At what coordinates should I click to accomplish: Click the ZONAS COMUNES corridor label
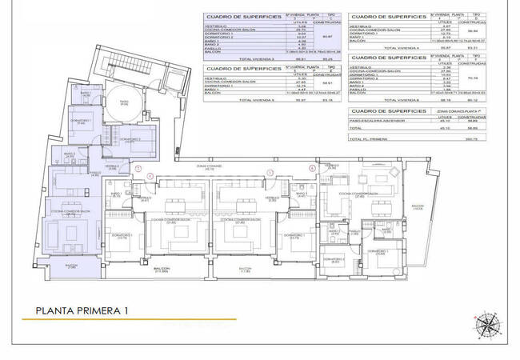click(x=210, y=168)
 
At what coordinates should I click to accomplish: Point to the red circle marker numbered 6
click(x=312, y=169)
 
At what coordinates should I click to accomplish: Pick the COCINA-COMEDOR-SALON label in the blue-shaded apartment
click(x=70, y=213)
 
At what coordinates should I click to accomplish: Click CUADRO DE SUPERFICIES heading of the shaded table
click(x=242, y=16)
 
